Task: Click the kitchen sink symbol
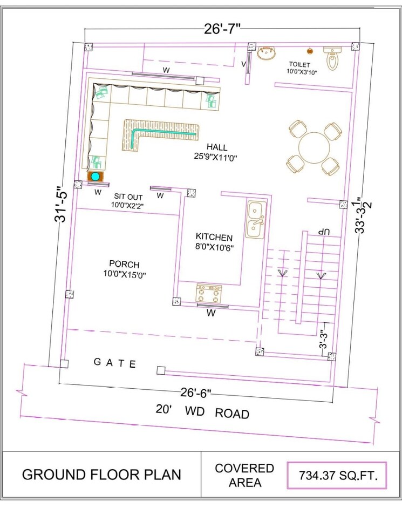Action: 255,220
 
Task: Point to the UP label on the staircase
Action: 323,231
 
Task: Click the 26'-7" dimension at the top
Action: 222,29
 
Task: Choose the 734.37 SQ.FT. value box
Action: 337,476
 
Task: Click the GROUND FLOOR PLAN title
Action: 101,475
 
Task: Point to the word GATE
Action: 115,363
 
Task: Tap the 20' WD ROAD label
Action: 202,411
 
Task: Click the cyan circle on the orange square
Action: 96,177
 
